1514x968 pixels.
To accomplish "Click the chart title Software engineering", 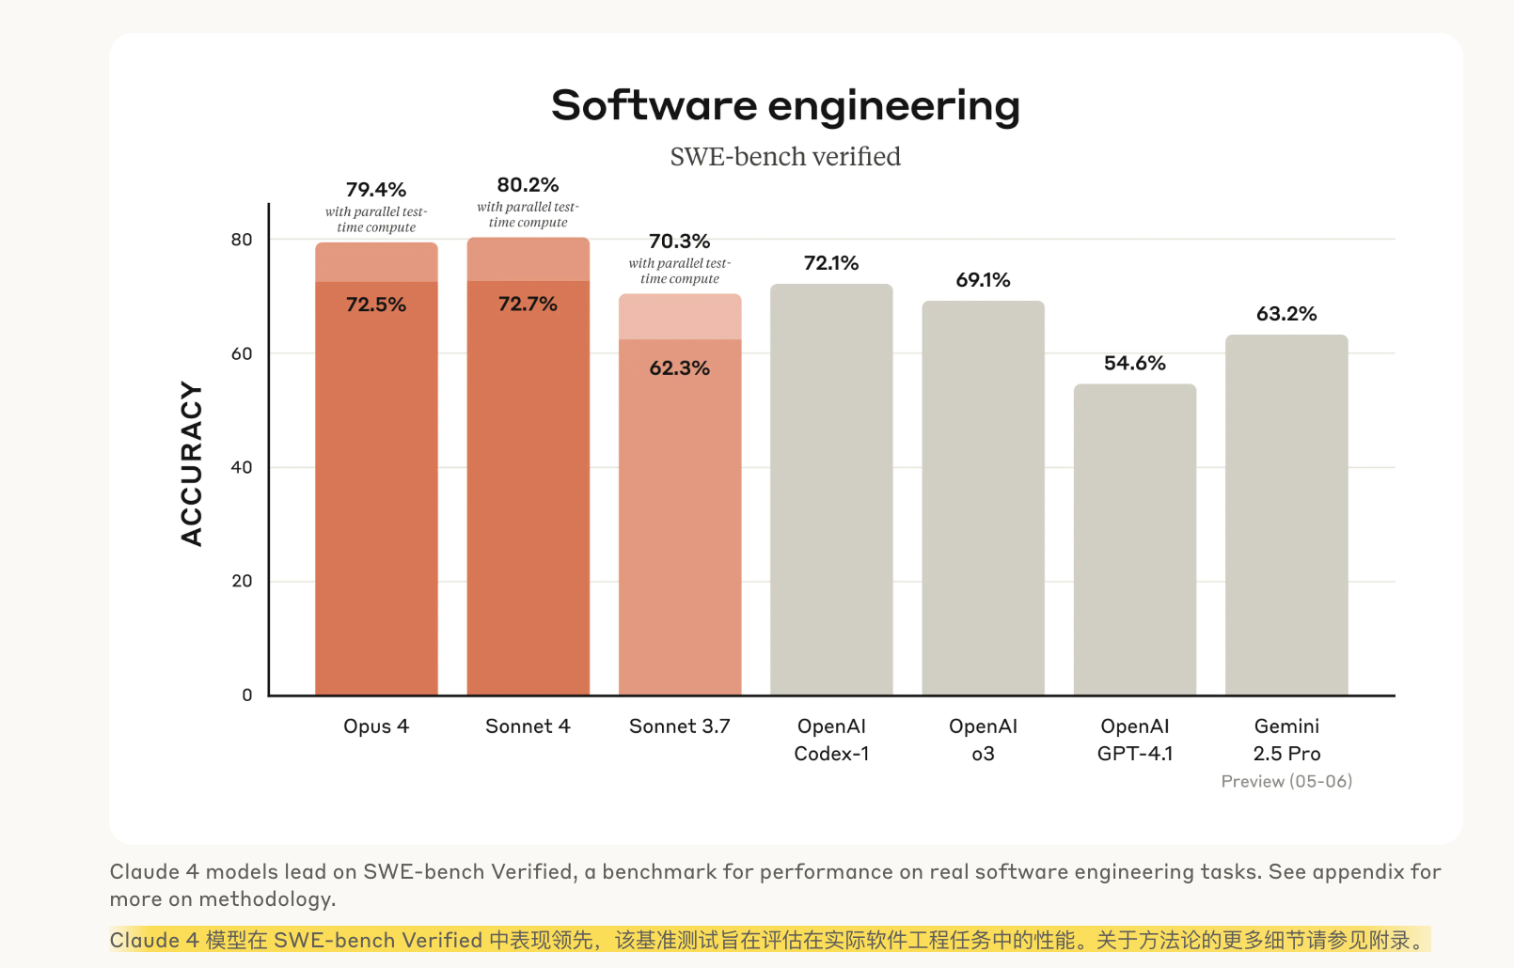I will [x=785, y=106].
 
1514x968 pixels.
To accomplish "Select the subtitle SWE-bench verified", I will [x=785, y=157].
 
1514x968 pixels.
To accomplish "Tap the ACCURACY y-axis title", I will [x=192, y=463].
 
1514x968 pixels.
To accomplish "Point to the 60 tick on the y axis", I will [x=242, y=354].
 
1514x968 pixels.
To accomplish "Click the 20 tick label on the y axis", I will [x=242, y=582].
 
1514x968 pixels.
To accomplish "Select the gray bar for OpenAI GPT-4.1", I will [x=1135, y=540].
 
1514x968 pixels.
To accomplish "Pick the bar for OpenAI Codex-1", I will [x=831, y=490].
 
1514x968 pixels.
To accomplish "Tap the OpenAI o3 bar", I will [x=983, y=498].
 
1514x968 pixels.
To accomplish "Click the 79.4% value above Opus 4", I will [x=376, y=190].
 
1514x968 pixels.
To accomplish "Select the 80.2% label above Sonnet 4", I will [x=528, y=185].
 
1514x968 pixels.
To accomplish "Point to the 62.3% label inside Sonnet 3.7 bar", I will [x=679, y=368].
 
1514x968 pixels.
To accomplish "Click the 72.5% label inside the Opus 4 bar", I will [x=376, y=304].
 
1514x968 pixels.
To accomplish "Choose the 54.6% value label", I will [x=1135, y=364].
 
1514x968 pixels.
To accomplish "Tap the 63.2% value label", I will [x=1286, y=314].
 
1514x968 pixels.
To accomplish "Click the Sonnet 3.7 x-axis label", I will [x=679, y=726].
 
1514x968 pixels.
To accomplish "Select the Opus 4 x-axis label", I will [x=376, y=726].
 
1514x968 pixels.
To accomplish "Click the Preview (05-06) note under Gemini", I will [x=1286, y=782].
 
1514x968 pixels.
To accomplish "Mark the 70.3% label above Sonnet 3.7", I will [x=679, y=242].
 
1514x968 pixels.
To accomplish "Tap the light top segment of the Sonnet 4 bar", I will [x=528, y=259].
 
